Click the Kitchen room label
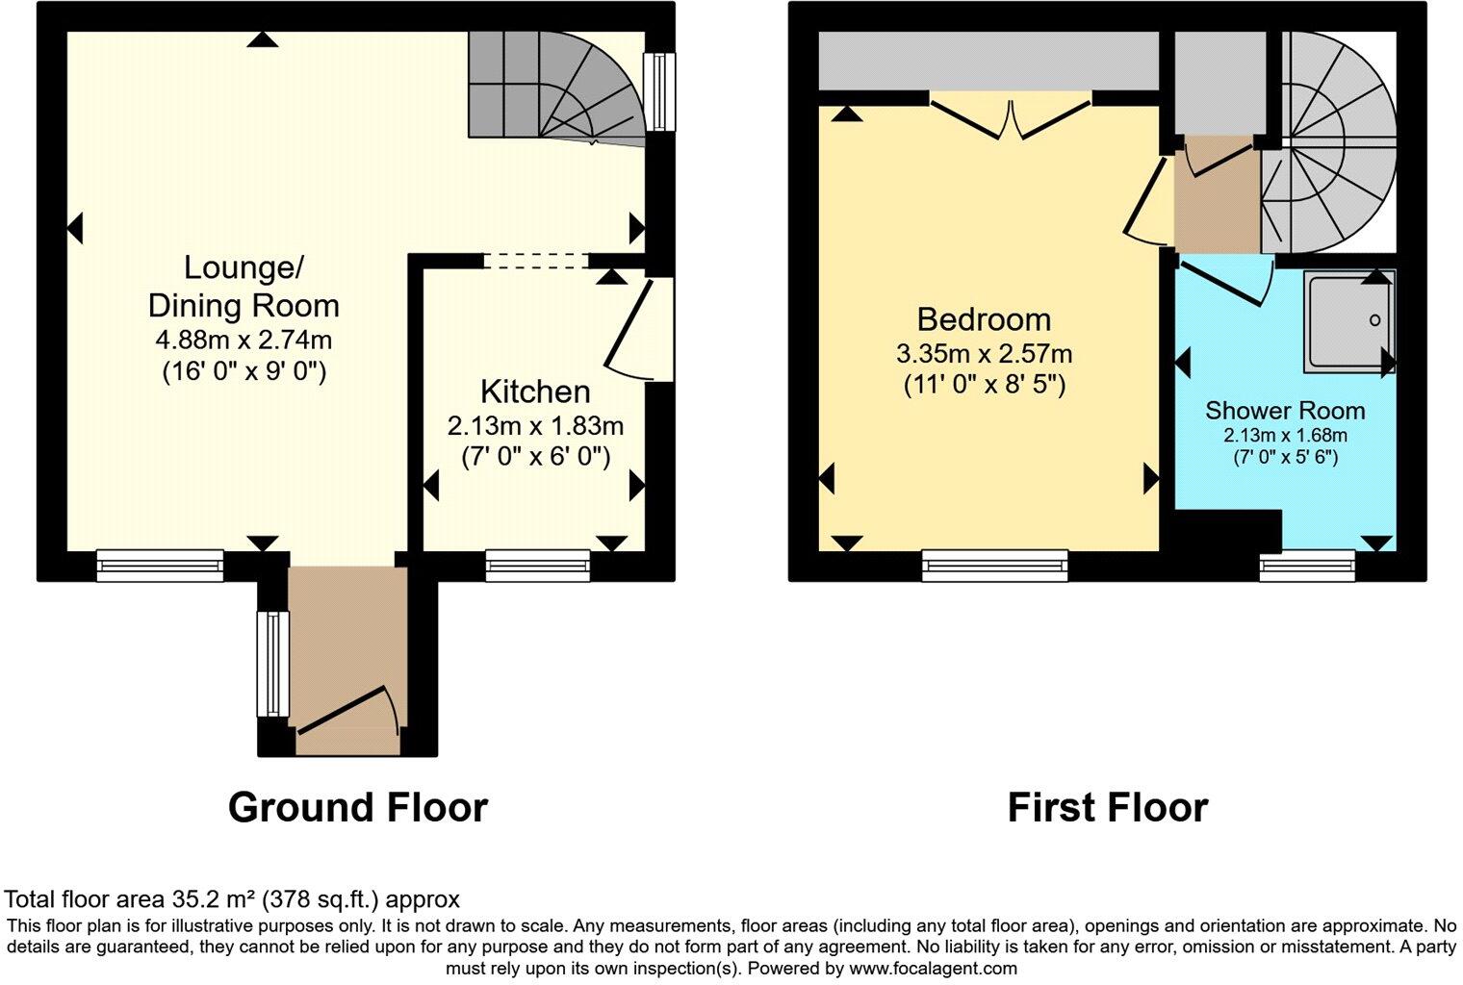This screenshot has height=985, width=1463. coord(535,391)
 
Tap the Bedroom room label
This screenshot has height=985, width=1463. coord(984,318)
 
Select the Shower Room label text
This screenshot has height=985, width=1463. coord(1285,411)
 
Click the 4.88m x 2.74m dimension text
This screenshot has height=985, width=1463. coord(244,340)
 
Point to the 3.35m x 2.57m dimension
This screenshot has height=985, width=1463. coord(984,353)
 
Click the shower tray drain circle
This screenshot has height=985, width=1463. coord(1374,320)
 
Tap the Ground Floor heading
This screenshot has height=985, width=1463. coord(357,807)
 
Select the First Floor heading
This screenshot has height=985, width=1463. coord(1107,807)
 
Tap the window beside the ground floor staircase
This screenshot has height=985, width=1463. coord(659,91)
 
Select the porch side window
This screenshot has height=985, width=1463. coord(271,664)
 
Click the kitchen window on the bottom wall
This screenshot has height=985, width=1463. coord(538,565)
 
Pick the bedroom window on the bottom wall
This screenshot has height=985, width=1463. coord(994,566)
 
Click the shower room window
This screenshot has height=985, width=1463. coord(1307,566)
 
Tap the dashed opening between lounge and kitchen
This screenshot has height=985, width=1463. coord(535,260)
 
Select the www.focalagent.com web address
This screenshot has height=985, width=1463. coord(933,968)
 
